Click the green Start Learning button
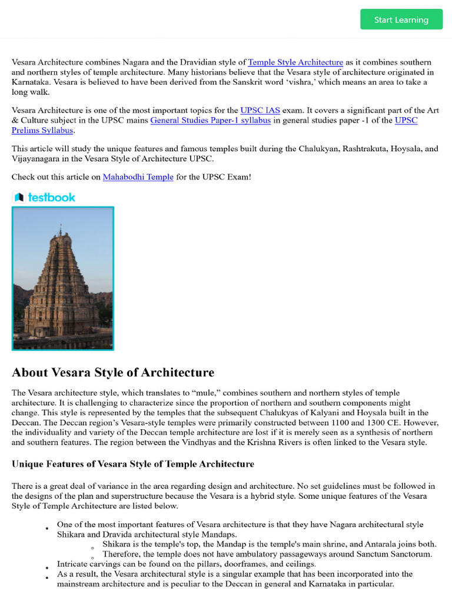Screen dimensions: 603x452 [401, 19]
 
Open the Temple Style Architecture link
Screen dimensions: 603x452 [295, 62]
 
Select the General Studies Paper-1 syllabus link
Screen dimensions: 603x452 [211, 120]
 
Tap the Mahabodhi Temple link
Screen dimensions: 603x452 [138, 177]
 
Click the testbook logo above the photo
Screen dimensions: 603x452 [44, 197]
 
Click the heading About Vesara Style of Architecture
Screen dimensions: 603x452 [113, 372]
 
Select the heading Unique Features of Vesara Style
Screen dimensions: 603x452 [133, 464]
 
